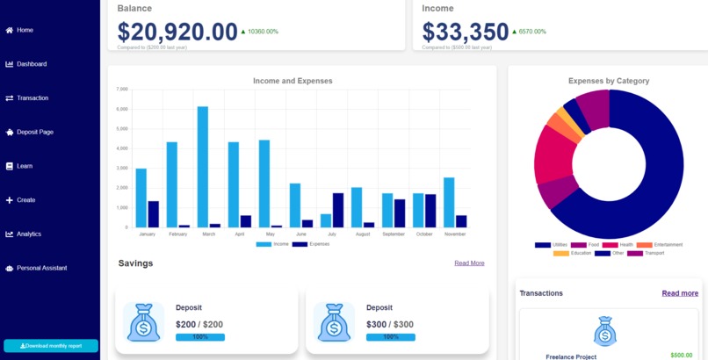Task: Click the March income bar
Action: point(203,167)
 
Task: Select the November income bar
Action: point(449,203)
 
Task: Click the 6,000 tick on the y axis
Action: point(122,109)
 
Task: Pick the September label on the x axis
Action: point(394,234)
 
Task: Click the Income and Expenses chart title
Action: point(293,81)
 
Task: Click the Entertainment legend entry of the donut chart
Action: point(666,244)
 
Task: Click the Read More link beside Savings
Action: point(469,263)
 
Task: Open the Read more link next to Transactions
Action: point(680,293)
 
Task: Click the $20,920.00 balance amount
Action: point(177,32)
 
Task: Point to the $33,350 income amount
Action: point(466,32)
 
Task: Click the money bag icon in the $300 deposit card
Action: point(334,323)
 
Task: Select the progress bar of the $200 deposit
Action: point(200,337)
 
